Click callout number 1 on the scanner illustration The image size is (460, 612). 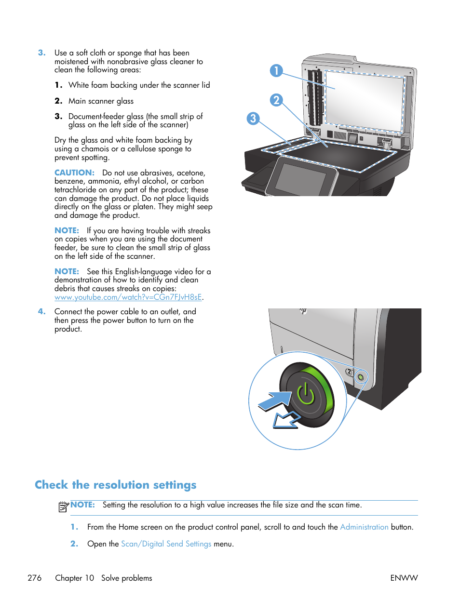(x=276, y=71)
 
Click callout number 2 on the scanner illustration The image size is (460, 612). (x=276, y=100)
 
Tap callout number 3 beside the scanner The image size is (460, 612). (x=253, y=119)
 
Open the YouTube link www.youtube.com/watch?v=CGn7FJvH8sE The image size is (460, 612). (x=128, y=297)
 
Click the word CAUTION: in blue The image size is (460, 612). (x=74, y=173)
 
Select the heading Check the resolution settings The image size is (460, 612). (x=116, y=485)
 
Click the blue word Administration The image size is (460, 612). (x=364, y=527)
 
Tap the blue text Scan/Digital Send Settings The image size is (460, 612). (x=166, y=544)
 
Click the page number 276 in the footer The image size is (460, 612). (x=35, y=578)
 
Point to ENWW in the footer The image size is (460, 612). (x=404, y=578)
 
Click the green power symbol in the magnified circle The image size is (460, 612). (x=306, y=394)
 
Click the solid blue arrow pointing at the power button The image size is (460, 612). (x=275, y=401)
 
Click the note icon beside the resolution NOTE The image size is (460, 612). (x=64, y=506)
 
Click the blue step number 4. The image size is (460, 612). (x=42, y=312)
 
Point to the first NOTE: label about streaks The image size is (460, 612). (x=67, y=231)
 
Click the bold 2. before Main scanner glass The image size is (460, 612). (x=58, y=101)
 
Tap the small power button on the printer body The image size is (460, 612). (x=360, y=377)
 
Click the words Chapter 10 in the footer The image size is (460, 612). (x=75, y=578)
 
